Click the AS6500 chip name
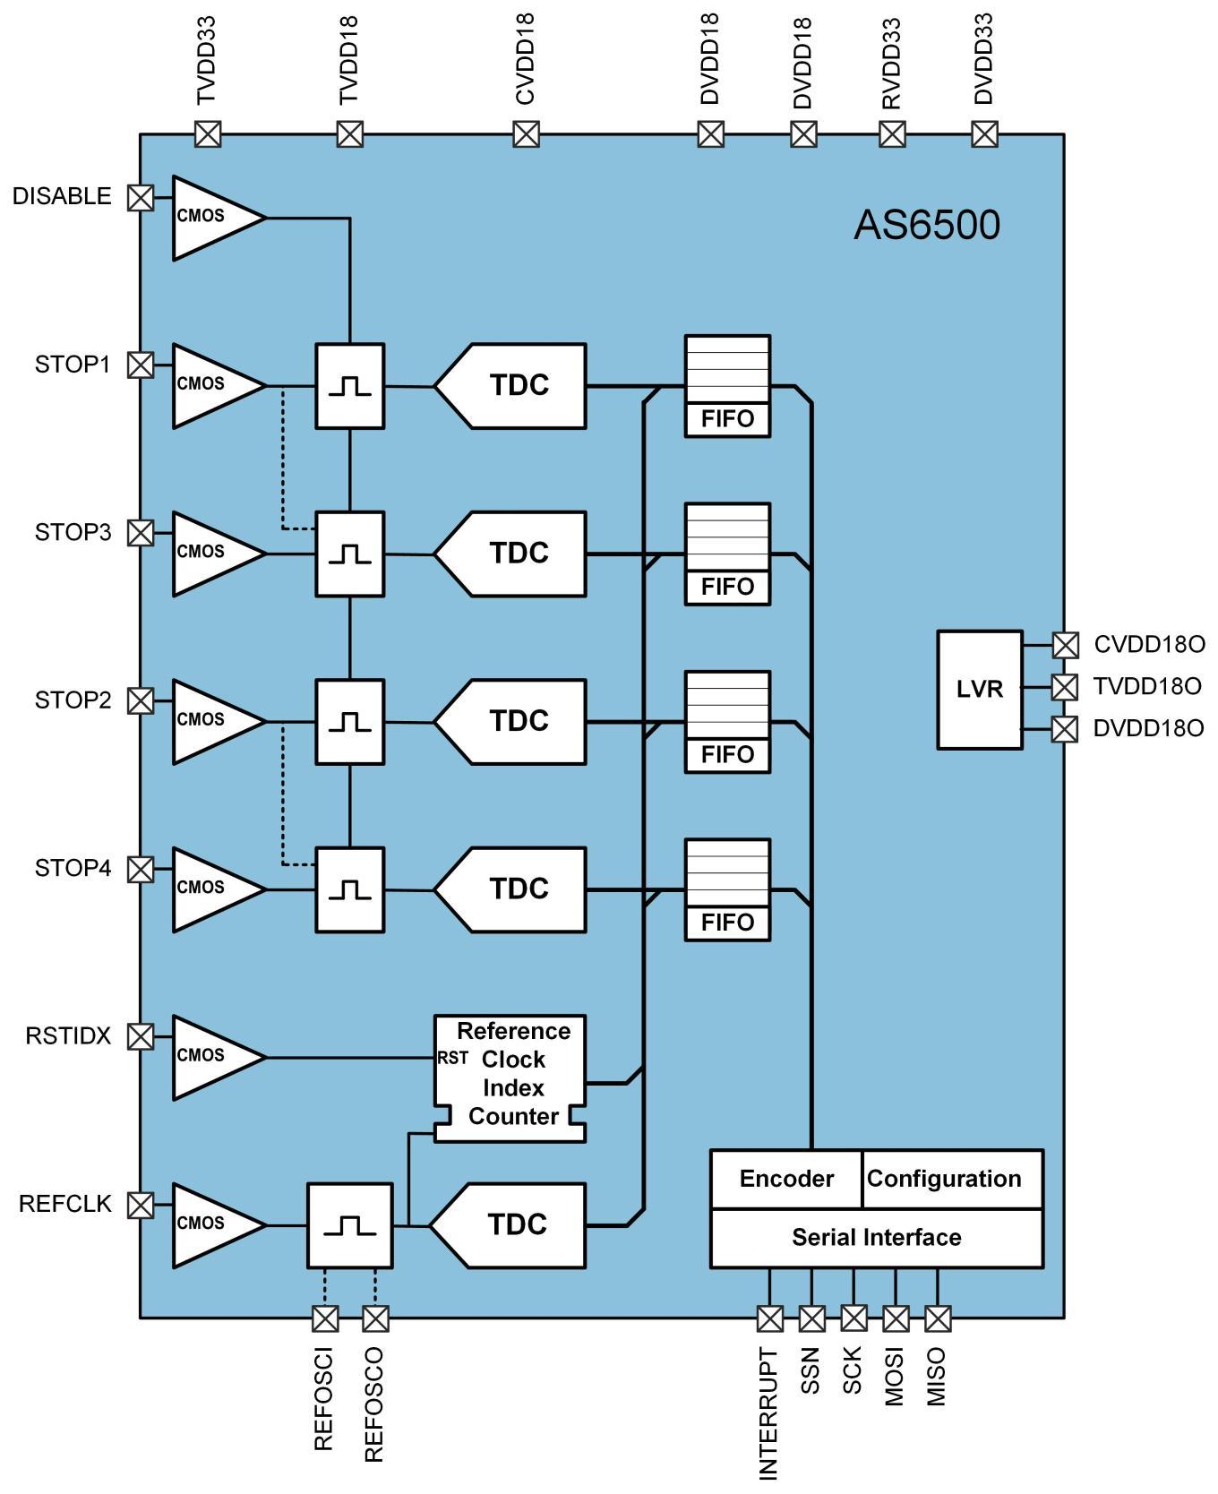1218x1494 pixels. (x=927, y=225)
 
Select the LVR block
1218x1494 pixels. (x=980, y=690)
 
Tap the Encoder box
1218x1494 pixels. (x=786, y=1179)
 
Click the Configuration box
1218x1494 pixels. (x=953, y=1179)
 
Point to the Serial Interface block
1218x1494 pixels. (x=877, y=1238)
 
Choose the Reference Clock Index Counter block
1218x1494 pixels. (x=510, y=1078)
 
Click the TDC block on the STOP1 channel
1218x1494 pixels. (x=510, y=386)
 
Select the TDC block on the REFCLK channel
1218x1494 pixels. (x=509, y=1225)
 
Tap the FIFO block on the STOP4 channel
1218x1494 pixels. (x=727, y=889)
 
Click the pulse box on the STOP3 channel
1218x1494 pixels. (x=349, y=554)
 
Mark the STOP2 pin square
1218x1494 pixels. (x=141, y=700)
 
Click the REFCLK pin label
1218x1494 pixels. (x=65, y=1204)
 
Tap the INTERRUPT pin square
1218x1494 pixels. (x=769, y=1318)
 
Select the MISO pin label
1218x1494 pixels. (x=936, y=1377)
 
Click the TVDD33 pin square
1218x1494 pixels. (x=208, y=135)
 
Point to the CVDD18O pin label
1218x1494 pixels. (x=1150, y=644)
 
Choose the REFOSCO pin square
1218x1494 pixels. (x=376, y=1318)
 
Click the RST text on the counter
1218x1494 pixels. (x=452, y=1058)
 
